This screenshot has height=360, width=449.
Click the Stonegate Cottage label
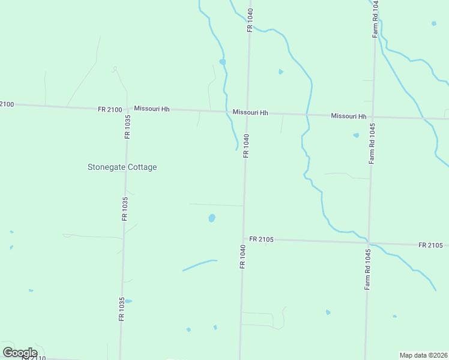(122, 167)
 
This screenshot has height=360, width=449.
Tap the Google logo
(20, 353)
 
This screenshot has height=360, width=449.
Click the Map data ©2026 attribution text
(424, 355)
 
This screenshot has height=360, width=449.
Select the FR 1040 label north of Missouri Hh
(250, 19)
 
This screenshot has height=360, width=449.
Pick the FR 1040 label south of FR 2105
(243, 256)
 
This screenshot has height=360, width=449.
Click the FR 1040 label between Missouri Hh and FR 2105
(246, 146)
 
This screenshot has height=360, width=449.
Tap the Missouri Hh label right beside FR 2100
(152, 109)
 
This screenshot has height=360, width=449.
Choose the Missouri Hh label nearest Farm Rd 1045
(349, 116)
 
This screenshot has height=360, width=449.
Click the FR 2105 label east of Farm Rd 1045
(431, 245)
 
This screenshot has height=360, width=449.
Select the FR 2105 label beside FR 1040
(262, 239)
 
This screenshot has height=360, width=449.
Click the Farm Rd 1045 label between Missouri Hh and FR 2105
(372, 144)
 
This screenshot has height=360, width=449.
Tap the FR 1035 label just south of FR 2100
(127, 127)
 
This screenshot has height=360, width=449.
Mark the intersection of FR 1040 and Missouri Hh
(247, 112)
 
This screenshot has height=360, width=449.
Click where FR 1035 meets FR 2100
(128, 109)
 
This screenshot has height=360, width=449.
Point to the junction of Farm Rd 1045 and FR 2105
(369, 243)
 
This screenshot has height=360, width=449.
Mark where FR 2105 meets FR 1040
(244, 239)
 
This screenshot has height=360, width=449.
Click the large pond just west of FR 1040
(212, 218)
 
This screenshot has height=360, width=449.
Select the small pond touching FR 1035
(127, 301)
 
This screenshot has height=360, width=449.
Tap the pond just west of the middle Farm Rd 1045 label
(356, 135)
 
